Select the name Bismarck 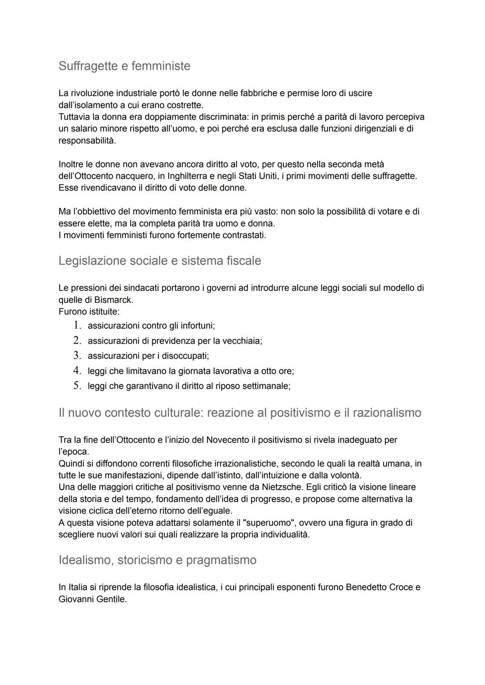tap(113, 300)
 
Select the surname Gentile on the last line tap(110, 599)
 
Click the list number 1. tap(77, 325)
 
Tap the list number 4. tap(77, 371)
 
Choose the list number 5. tap(77, 386)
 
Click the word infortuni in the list tap(197, 326)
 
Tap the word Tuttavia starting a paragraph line tap(75, 117)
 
